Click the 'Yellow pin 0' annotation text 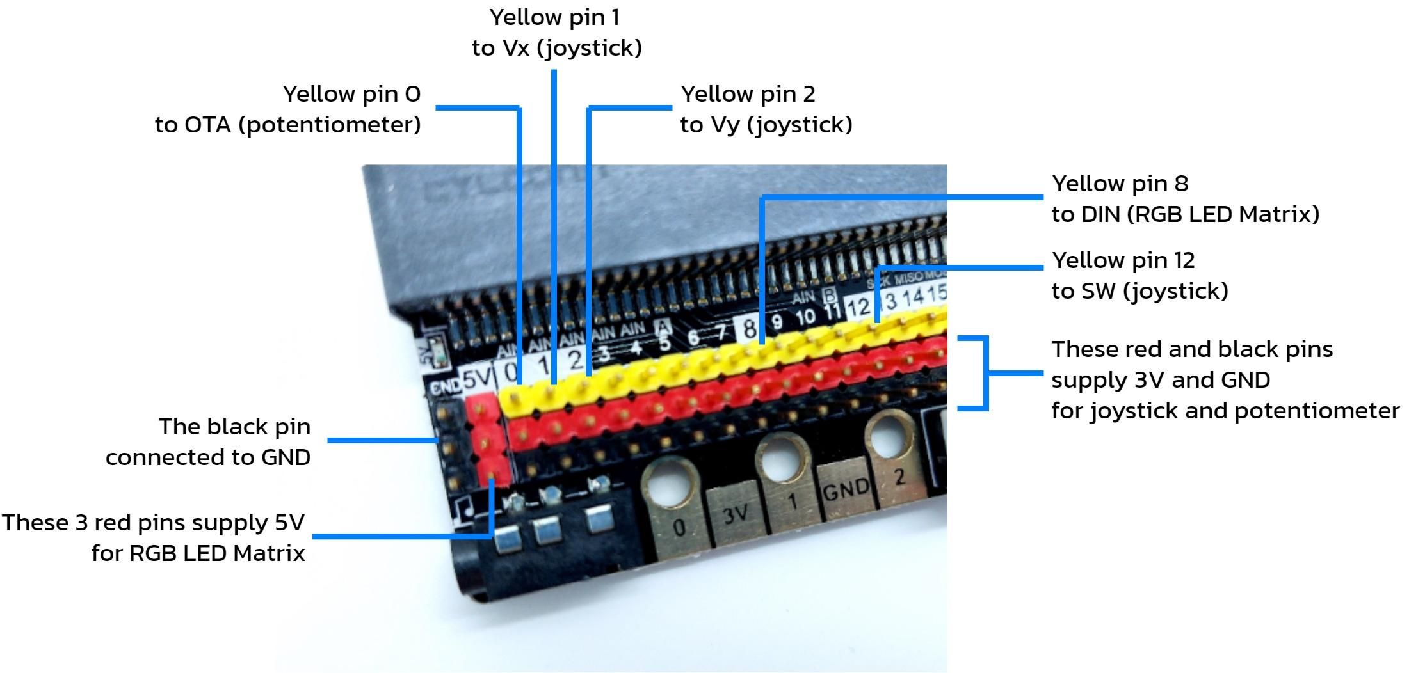(x=351, y=94)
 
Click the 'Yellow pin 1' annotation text (x=555, y=17)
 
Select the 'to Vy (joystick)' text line (x=766, y=125)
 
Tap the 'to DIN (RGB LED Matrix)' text (x=1185, y=214)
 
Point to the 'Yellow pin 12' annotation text (x=1123, y=260)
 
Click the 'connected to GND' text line (x=208, y=457)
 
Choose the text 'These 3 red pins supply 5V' (x=153, y=523)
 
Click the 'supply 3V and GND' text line (x=1160, y=380)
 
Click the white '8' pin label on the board (x=748, y=329)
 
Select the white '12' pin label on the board (x=858, y=308)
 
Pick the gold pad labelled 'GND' (x=845, y=490)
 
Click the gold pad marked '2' (x=899, y=477)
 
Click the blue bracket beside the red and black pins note (x=986, y=373)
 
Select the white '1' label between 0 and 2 (x=543, y=365)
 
